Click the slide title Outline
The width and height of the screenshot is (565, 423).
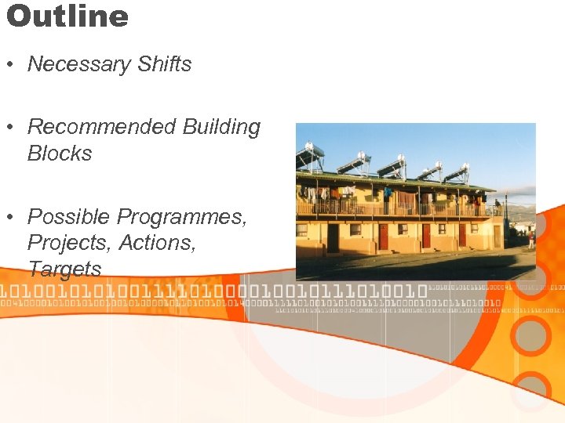pos(67,16)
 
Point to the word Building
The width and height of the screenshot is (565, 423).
pos(221,127)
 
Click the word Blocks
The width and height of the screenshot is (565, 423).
pos(60,154)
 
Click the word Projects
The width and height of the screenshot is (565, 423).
pos(69,243)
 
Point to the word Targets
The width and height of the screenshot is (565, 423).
pos(65,269)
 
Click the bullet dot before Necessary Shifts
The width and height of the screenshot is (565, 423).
pos(13,65)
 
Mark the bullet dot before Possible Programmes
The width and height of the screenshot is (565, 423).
pos(13,217)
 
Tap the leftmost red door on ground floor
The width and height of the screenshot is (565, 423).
pos(384,236)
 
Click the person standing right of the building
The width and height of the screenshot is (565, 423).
pos(530,238)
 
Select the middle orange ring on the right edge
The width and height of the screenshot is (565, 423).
pos(530,335)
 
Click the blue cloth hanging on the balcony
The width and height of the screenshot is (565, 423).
pos(388,192)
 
